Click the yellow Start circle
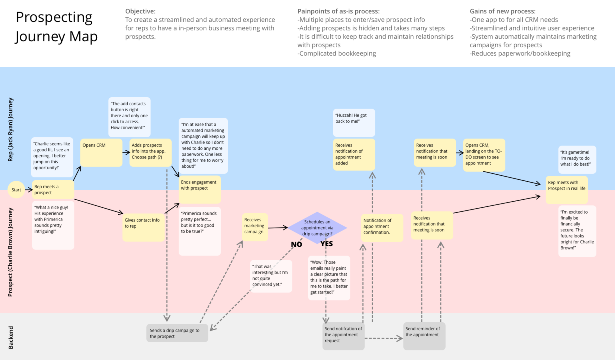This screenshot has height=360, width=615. tap(16, 190)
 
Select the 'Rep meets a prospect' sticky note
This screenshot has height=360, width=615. tap(53, 190)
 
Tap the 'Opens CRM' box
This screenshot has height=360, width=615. tap(101, 152)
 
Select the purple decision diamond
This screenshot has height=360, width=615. tap(317, 228)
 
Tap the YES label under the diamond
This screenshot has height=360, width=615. tap(327, 244)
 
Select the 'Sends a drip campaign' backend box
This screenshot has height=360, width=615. tap(177, 333)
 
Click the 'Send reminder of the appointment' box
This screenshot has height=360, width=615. tap(424, 335)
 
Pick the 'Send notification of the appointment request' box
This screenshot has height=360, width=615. tap(344, 335)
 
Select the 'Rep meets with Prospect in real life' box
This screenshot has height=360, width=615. tap(566, 189)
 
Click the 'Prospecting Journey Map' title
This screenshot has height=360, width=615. tap(56, 27)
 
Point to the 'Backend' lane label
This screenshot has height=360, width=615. tap(11, 338)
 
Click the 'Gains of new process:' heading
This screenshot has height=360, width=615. tap(503, 11)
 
